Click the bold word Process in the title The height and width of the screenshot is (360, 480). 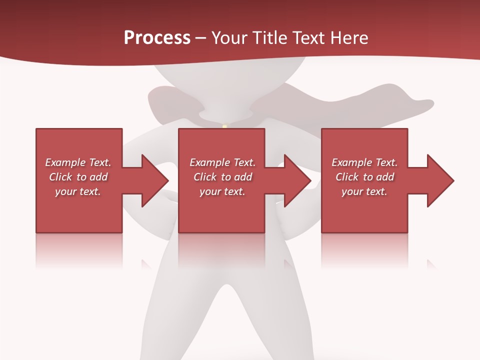point(157,38)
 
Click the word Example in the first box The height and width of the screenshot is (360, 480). point(65,162)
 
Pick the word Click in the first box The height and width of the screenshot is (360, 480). point(61,177)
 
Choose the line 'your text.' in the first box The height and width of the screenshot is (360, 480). point(78,191)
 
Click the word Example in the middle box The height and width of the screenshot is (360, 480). point(209,162)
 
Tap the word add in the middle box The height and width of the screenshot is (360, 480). point(243,177)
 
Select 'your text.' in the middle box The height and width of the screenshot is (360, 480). point(222,191)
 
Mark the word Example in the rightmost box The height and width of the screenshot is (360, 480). point(351,162)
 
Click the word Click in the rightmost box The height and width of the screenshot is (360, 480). point(347,177)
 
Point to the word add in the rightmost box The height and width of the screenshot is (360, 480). point(385,177)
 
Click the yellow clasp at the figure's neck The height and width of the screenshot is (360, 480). point(224,126)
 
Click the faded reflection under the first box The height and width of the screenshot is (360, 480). point(79,250)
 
